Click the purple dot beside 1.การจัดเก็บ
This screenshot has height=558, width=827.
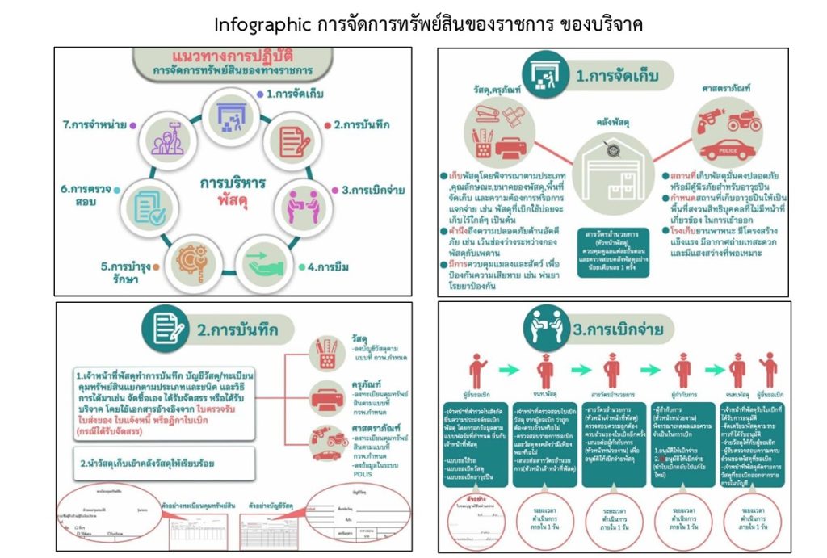(x=260, y=94)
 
